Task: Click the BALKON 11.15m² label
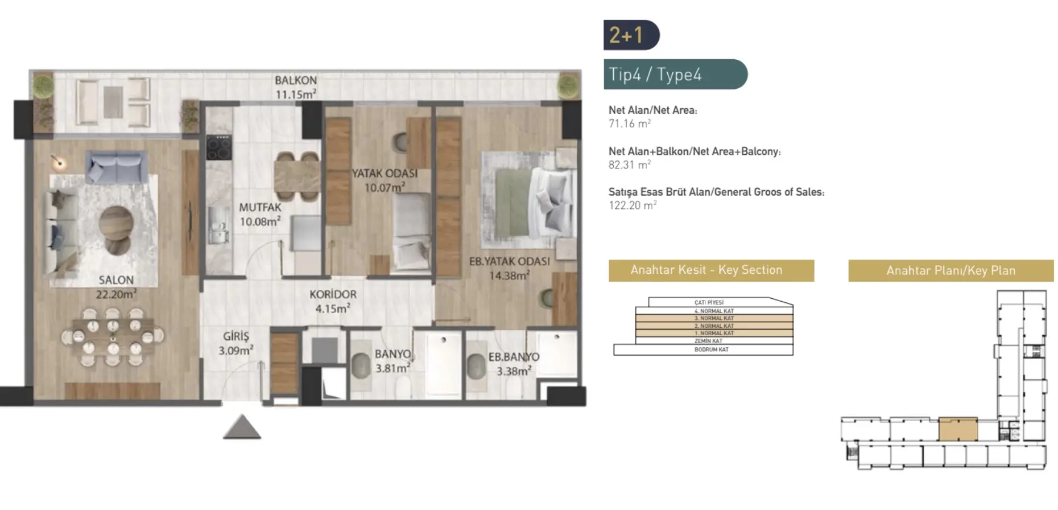coord(295,88)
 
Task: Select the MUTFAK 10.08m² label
coord(259,215)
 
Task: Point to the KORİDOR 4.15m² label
coord(333,302)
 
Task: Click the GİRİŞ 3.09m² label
coord(235,344)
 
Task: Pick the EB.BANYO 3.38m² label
coord(513,364)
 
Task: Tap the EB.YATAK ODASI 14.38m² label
coord(509,269)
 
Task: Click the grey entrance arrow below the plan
coord(242,427)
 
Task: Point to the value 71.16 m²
coord(629,124)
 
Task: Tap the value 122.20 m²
coord(632,205)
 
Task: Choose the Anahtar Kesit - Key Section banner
coord(711,270)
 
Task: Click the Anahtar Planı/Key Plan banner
coord(950,271)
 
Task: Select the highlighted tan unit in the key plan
coord(957,430)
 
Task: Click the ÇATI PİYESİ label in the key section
coord(709,302)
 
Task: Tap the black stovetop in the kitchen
coord(218,147)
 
